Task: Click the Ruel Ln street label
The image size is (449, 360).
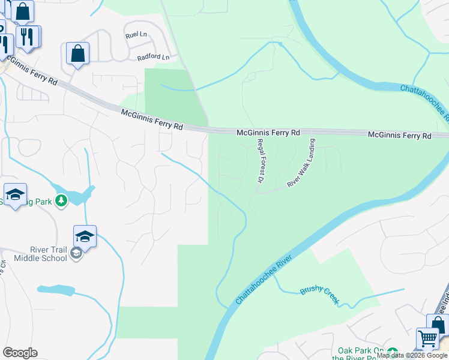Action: (136, 35)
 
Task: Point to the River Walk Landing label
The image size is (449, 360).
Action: (301, 163)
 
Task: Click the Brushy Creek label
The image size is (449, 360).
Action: (320, 294)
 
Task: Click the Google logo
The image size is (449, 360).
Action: (20, 353)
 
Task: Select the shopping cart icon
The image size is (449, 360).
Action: (427, 338)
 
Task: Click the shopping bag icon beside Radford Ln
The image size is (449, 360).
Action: (78, 53)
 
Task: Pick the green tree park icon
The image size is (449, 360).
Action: (61, 200)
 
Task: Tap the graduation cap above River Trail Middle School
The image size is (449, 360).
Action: (85, 236)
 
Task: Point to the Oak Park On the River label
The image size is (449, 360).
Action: (361, 355)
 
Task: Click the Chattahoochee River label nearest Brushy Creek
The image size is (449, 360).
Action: (264, 278)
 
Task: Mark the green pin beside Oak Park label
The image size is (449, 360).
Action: (393, 352)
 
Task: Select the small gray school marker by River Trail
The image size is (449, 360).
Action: (76, 254)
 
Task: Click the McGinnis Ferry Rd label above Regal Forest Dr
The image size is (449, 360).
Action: (268, 132)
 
